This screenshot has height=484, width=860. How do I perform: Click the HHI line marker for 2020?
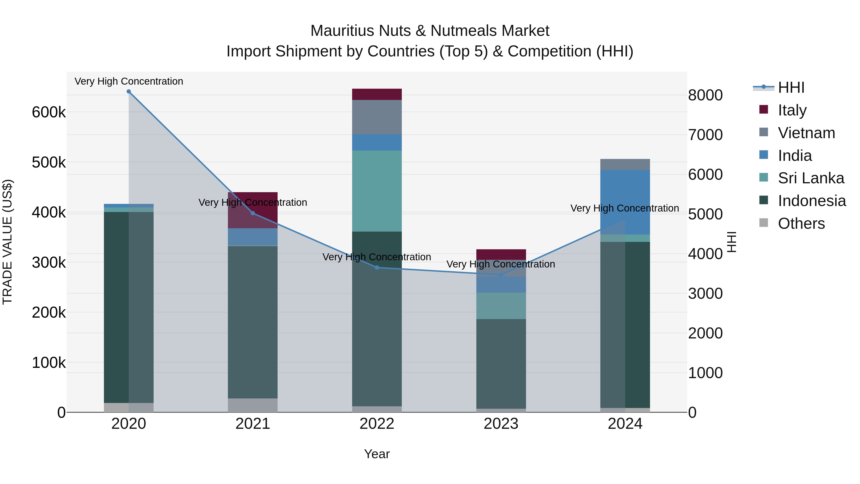pyautogui.click(x=129, y=92)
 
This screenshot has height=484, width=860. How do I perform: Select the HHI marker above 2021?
pyautogui.click(x=253, y=213)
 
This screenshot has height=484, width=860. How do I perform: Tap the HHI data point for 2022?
pyautogui.click(x=377, y=267)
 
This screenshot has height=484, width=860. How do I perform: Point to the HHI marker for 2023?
pyautogui.click(x=501, y=275)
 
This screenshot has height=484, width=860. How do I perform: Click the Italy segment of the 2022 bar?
pyautogui.click(x=377, y=94)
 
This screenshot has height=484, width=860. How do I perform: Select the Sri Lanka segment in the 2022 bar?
pyautogui.click(x=377, y=191)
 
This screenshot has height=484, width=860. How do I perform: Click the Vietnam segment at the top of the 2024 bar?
pyautogui.click(x=625, y=164)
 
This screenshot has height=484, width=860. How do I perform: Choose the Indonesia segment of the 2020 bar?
pyautogui.click(x=116, y=307)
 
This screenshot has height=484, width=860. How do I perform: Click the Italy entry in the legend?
pyautogui.click(x=792, y=110)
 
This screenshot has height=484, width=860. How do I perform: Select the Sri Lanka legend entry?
pyautogui.click(x=811, y=178)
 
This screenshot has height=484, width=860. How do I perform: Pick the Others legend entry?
pyautogui.click(x=801, y=223)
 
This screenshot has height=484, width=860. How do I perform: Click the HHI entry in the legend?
pyautogui.click(x=790, y=87)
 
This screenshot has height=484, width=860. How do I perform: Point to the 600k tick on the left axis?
pyautogui.click(x=49, y=112)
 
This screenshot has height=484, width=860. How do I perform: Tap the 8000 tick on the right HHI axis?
pyautogui.click(x=705, y=95)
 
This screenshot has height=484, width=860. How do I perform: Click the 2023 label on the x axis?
pyautogui.click(x=501, y=424)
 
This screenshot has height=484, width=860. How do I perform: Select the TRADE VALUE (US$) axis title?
pyautogui.click(x=7, y=242)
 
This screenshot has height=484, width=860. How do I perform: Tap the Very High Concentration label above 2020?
pyautogui.click(x=129, y=81)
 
